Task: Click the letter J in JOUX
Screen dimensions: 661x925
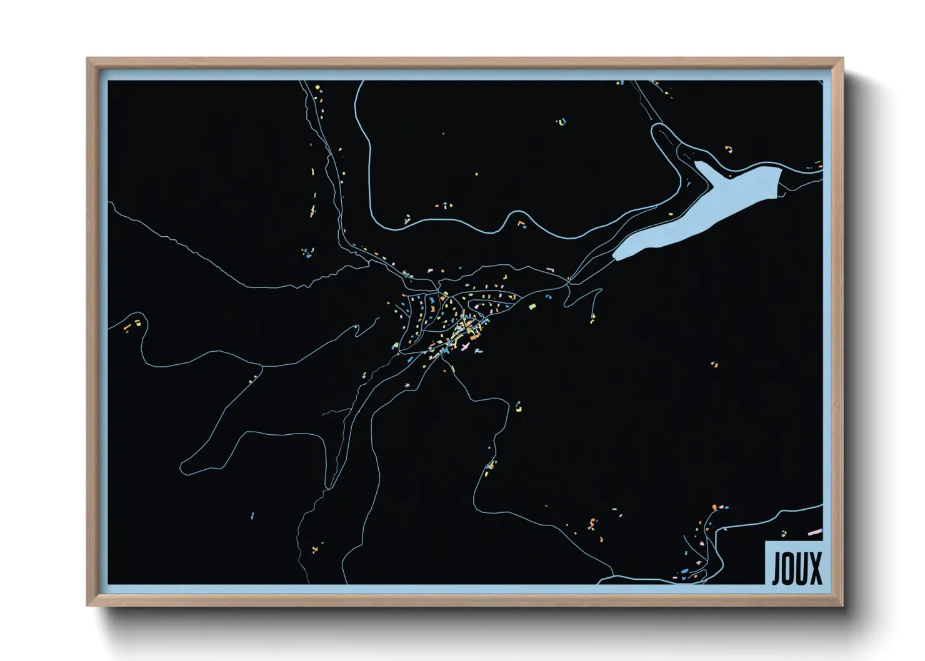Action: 777,569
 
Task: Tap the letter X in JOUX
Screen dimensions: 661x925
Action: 815,569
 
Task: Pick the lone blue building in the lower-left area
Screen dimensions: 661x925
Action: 252,516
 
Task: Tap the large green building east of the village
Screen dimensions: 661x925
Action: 532,306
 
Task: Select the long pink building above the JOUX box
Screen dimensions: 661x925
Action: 815,532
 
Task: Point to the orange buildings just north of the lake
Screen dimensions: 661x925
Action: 728,149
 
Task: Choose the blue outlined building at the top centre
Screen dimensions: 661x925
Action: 561,122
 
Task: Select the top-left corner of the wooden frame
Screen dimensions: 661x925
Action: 87,59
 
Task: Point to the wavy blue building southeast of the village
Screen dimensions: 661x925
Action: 478,352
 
